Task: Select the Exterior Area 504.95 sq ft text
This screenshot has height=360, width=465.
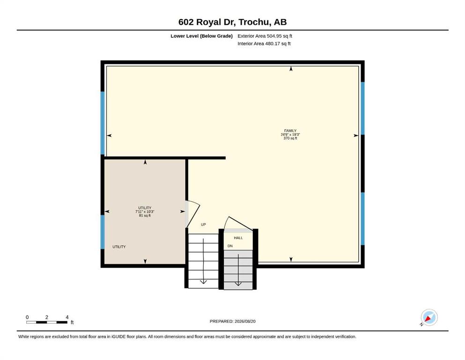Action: (x=265, y=36)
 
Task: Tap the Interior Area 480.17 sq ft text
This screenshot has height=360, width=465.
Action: (x=264, y=44)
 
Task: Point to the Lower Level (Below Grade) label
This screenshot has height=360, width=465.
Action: (x=202, y=36)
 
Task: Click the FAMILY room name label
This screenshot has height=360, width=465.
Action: (x=290, y=131)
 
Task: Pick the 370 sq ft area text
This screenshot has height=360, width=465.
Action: (x=290, y=138)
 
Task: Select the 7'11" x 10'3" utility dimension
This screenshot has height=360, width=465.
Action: (x=145, y=211)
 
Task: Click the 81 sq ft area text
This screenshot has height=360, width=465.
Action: (x=145, y=216)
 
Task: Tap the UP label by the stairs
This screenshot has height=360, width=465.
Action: (x=203, y=225)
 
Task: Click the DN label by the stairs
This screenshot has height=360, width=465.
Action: (x=230, y=246)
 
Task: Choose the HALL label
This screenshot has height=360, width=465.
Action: (x=238, y=238)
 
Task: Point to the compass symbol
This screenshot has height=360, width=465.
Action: (x=429, y=317)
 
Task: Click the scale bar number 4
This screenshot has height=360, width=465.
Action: (x=67, y=317)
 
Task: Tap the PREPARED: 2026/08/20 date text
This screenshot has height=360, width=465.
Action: (x=232, y=321)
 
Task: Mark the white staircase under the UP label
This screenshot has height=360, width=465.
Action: (x=203, y=261)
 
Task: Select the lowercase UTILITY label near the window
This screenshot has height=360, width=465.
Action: (x=119, y=247)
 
